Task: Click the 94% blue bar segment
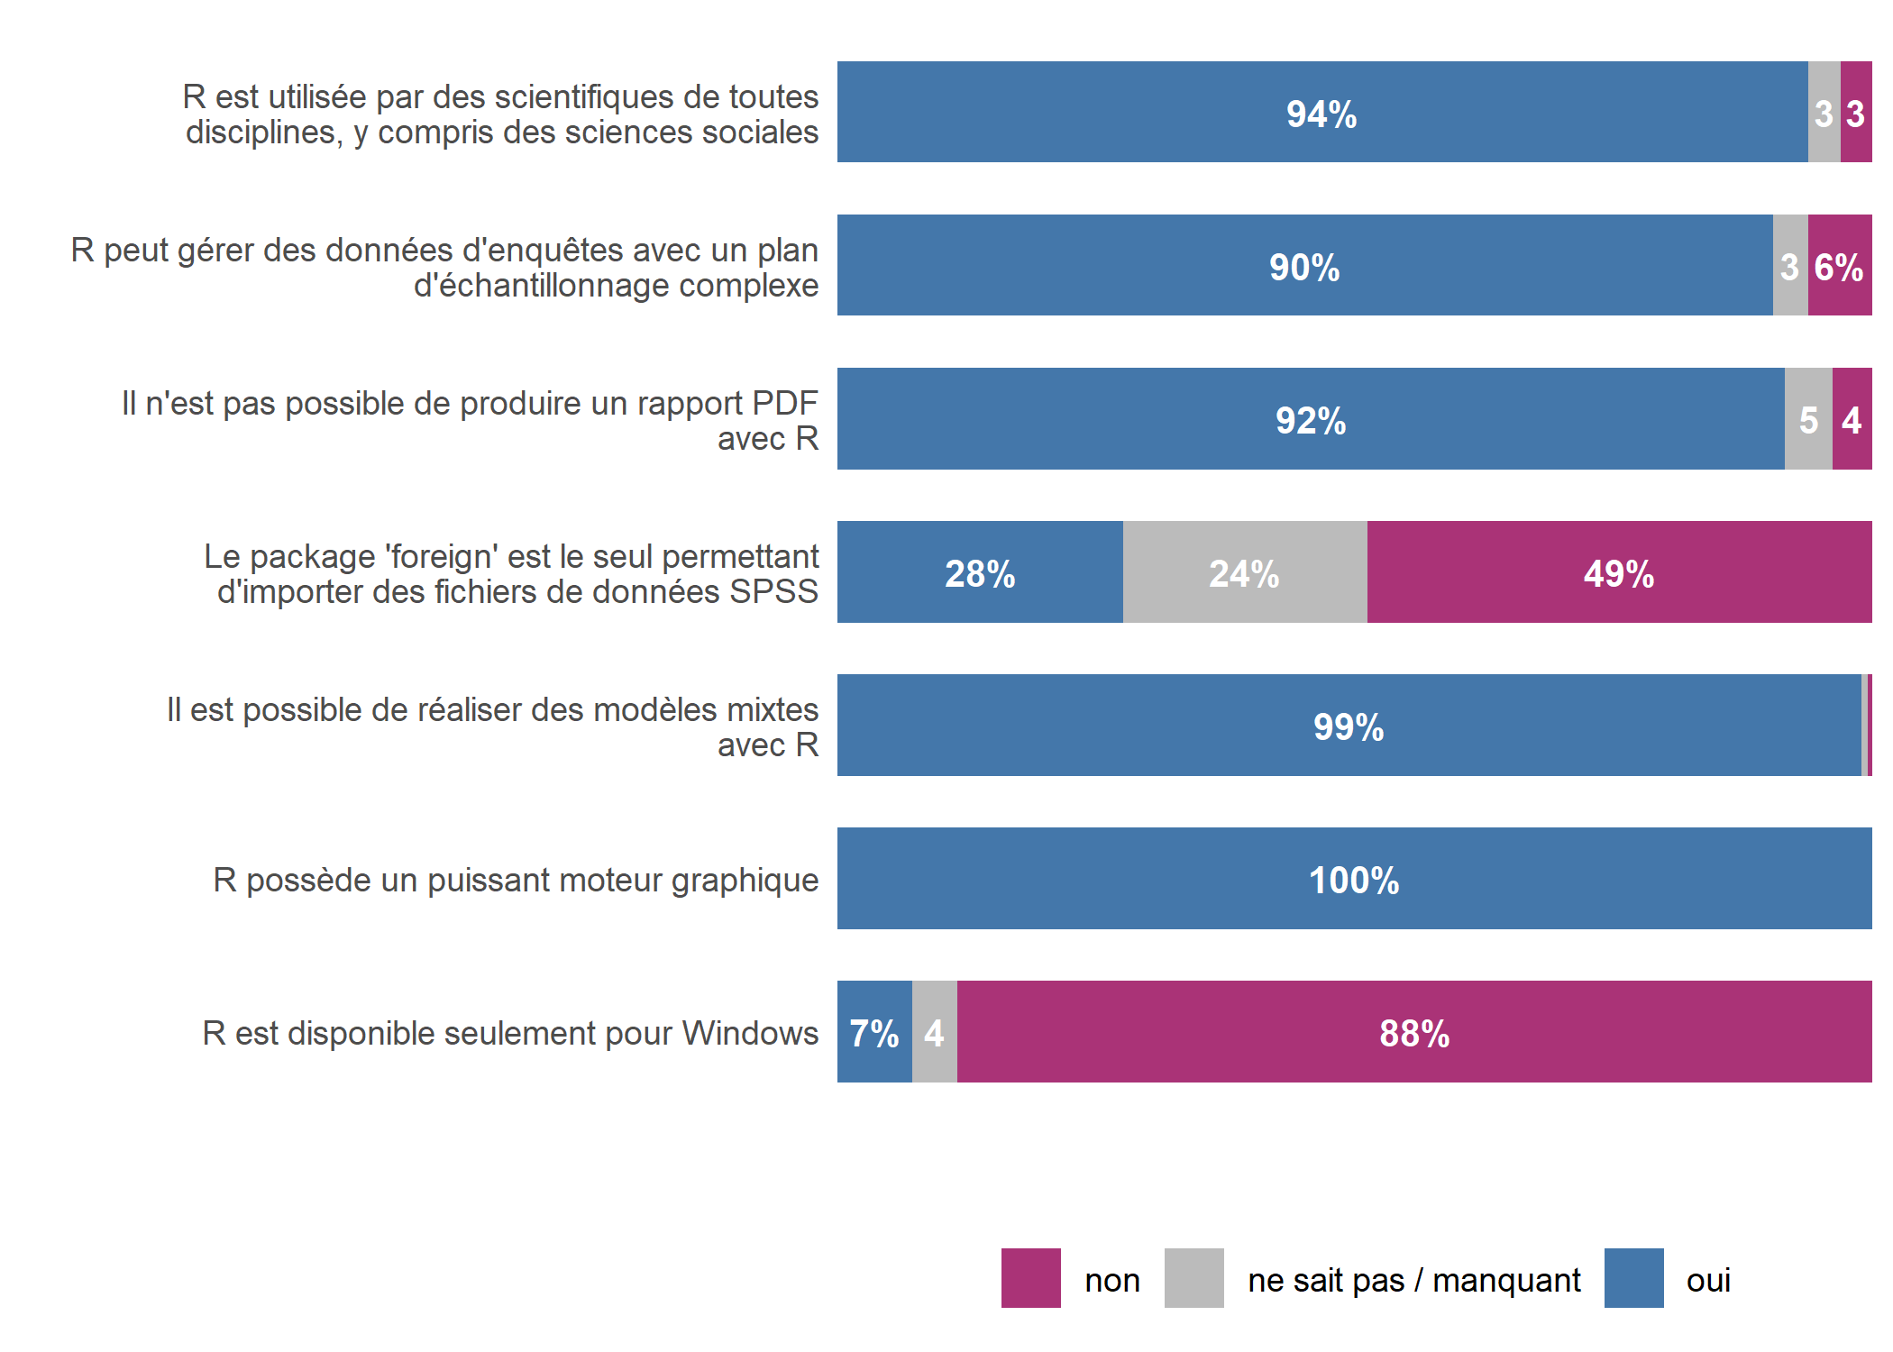pos(1321,113)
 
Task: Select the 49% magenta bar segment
pos(1619,572)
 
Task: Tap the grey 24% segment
pos(1244,572)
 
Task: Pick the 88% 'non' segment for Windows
pos(1413,1032)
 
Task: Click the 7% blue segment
pos(873,1032)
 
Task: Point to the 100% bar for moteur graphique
pos(1354,879)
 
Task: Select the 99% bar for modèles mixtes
pos(1349,726)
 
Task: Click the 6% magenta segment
pos(1839,266)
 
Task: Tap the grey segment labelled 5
pos(1808,419)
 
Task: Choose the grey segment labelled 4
pos(934,1032)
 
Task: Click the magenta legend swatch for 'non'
pos(1030,1278)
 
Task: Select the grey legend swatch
pos(1193,1278)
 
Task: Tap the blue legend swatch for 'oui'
pos(1633,1278)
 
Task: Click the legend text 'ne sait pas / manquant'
pos(1413,1280)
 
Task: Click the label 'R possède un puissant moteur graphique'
pos(516,880)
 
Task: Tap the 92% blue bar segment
pos(1310,419)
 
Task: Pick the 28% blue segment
pos(980,572)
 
